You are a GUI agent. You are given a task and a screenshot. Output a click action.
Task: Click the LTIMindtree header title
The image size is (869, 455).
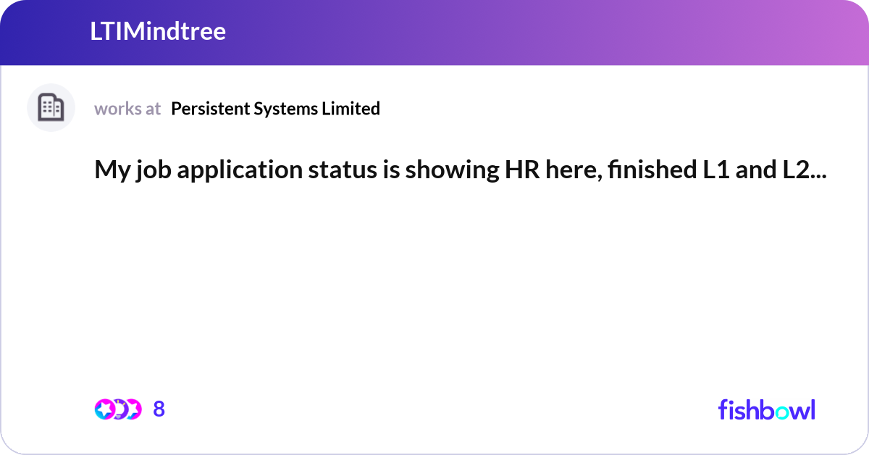point(158,32)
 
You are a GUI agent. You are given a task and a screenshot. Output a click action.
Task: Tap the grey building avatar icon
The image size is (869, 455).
point(51,108)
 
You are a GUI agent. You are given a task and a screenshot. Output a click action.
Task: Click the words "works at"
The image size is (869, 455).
point(127,109)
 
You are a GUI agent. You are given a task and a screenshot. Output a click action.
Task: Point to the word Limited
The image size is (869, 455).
point(352,109)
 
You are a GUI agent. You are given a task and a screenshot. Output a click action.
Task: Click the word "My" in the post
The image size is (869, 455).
point(108,170)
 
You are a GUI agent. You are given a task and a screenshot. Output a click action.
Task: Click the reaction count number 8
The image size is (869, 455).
point(159,409)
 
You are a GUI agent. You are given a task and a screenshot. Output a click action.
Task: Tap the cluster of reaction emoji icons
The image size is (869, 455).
point(117,409)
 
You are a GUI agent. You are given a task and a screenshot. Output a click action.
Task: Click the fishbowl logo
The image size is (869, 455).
point(766,409)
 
